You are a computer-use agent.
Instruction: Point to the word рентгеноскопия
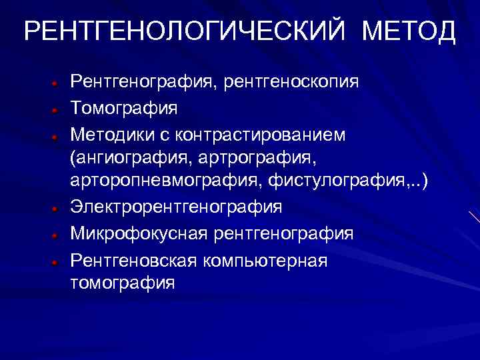tap(291, 83)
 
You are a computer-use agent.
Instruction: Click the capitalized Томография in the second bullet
tap(124, 108)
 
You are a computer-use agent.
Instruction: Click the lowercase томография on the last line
tap(123, 283)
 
